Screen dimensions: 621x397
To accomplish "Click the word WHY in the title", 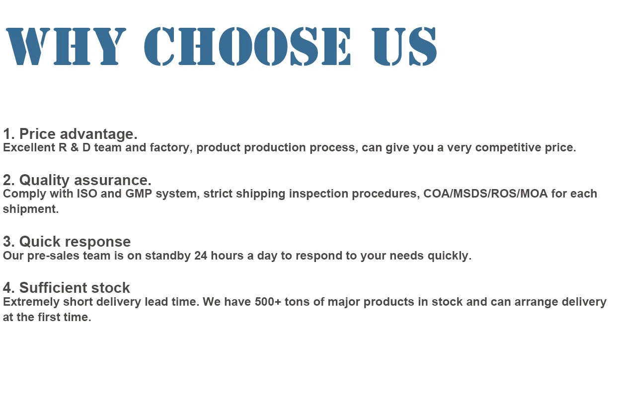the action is click(66, 46).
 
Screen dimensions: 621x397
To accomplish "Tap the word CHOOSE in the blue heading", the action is click(247, 46).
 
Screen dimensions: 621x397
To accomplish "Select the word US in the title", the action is click(404, 46).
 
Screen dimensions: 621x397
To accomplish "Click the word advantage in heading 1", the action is click(98, 134).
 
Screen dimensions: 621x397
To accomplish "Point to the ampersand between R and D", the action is click(75, 147).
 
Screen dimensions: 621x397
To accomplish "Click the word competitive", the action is click(508, 148).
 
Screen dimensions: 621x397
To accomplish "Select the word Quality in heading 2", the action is click(44, 181).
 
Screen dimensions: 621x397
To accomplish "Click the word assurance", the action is click(113, 181).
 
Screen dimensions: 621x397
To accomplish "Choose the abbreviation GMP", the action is click(139, 194).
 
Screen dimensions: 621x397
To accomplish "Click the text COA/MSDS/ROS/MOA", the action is click(485, 194).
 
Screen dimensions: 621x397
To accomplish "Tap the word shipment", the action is click(31, 209).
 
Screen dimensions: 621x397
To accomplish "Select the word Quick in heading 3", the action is click(40, 242).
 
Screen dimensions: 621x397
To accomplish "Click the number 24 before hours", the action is click(201, 256).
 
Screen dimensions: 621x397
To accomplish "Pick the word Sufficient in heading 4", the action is click(53, 288).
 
